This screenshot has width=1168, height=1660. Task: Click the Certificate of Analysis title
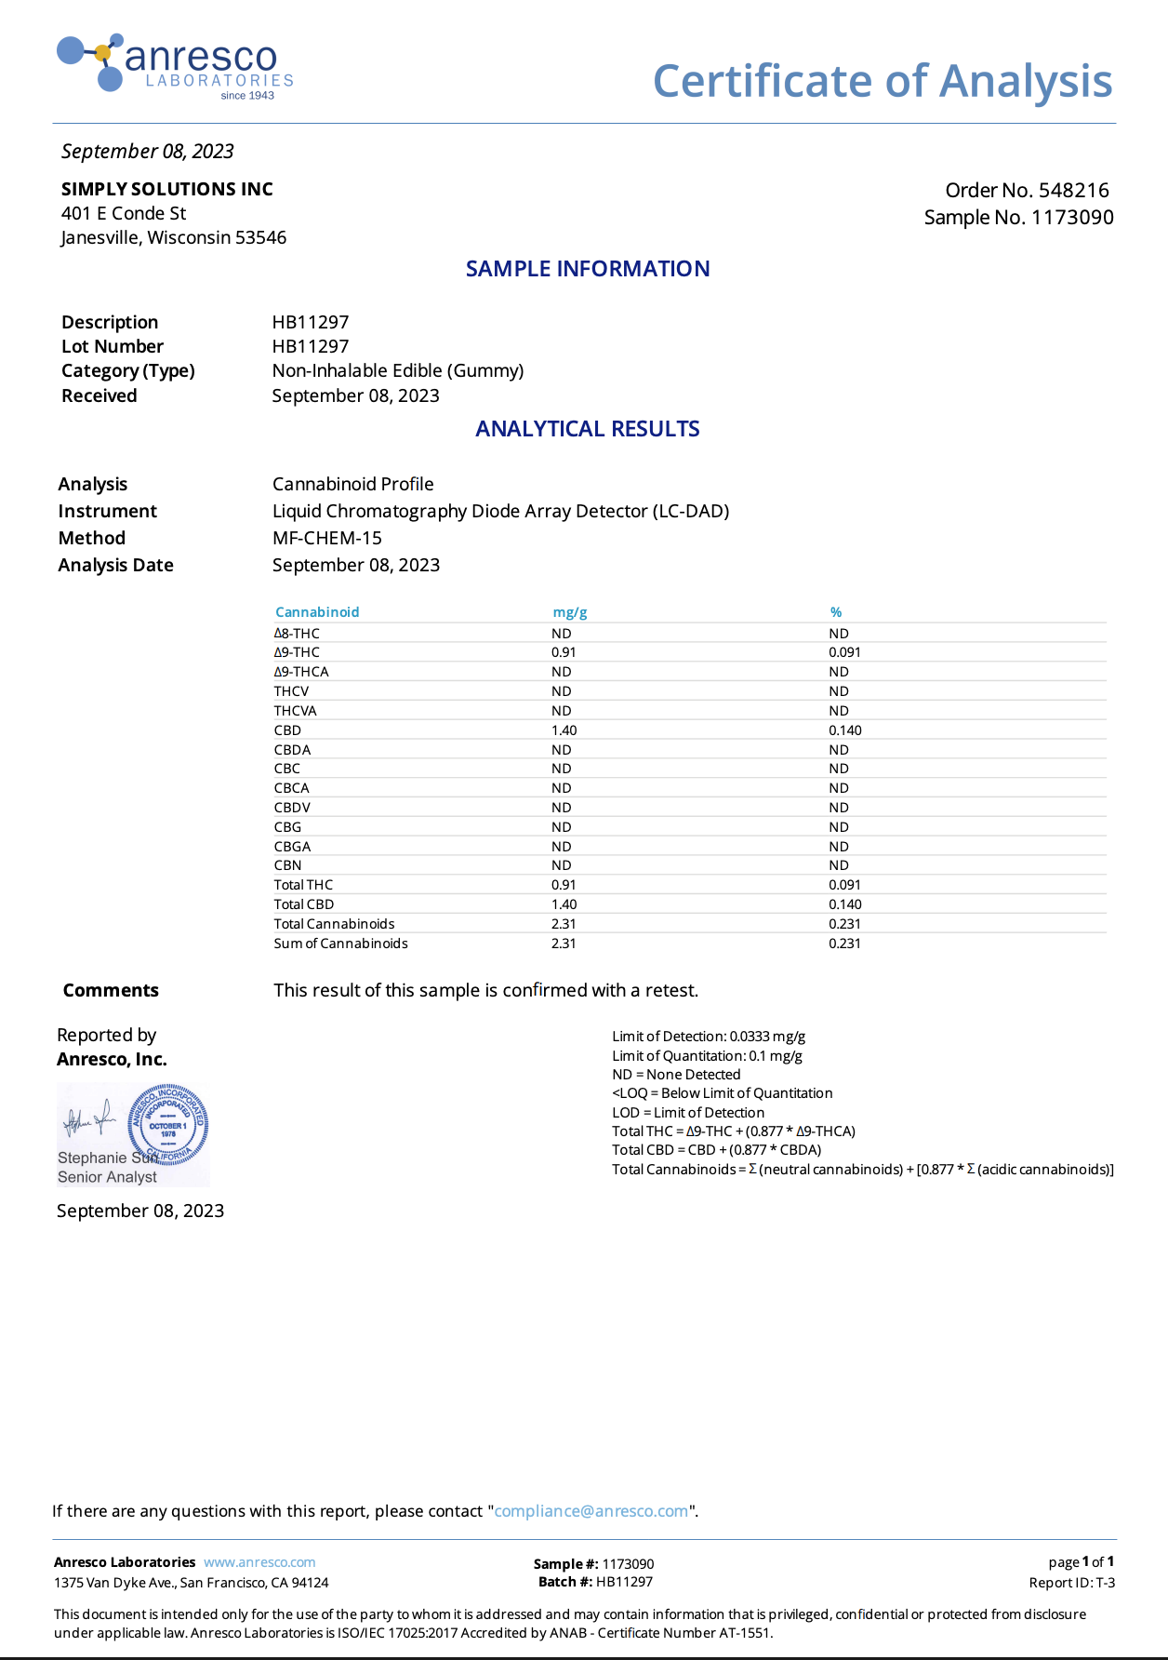point(882,81)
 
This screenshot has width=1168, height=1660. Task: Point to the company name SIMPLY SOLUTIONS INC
point(167,189)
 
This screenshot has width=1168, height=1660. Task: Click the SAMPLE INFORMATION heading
point(587,269)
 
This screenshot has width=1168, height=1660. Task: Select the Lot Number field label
point(113,346)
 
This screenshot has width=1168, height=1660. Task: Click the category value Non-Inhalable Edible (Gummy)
point(398,370)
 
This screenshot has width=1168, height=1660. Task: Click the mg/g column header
point(570,612)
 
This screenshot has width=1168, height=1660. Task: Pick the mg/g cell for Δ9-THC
point(564,652)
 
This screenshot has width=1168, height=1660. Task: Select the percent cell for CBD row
point(844,730)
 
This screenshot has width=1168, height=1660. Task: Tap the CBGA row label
point(292,847)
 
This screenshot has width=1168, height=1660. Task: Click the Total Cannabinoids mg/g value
point(564,924)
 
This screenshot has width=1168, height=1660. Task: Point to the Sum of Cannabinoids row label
point(340,944)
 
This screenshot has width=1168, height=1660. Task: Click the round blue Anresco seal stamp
point(167,1125)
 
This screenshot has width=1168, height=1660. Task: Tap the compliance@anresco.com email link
point(591,1511)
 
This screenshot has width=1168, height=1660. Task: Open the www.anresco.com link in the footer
point(259,1562)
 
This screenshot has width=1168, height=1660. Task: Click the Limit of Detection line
point(709,1037)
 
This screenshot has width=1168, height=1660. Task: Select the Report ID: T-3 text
point(1071,1583)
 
